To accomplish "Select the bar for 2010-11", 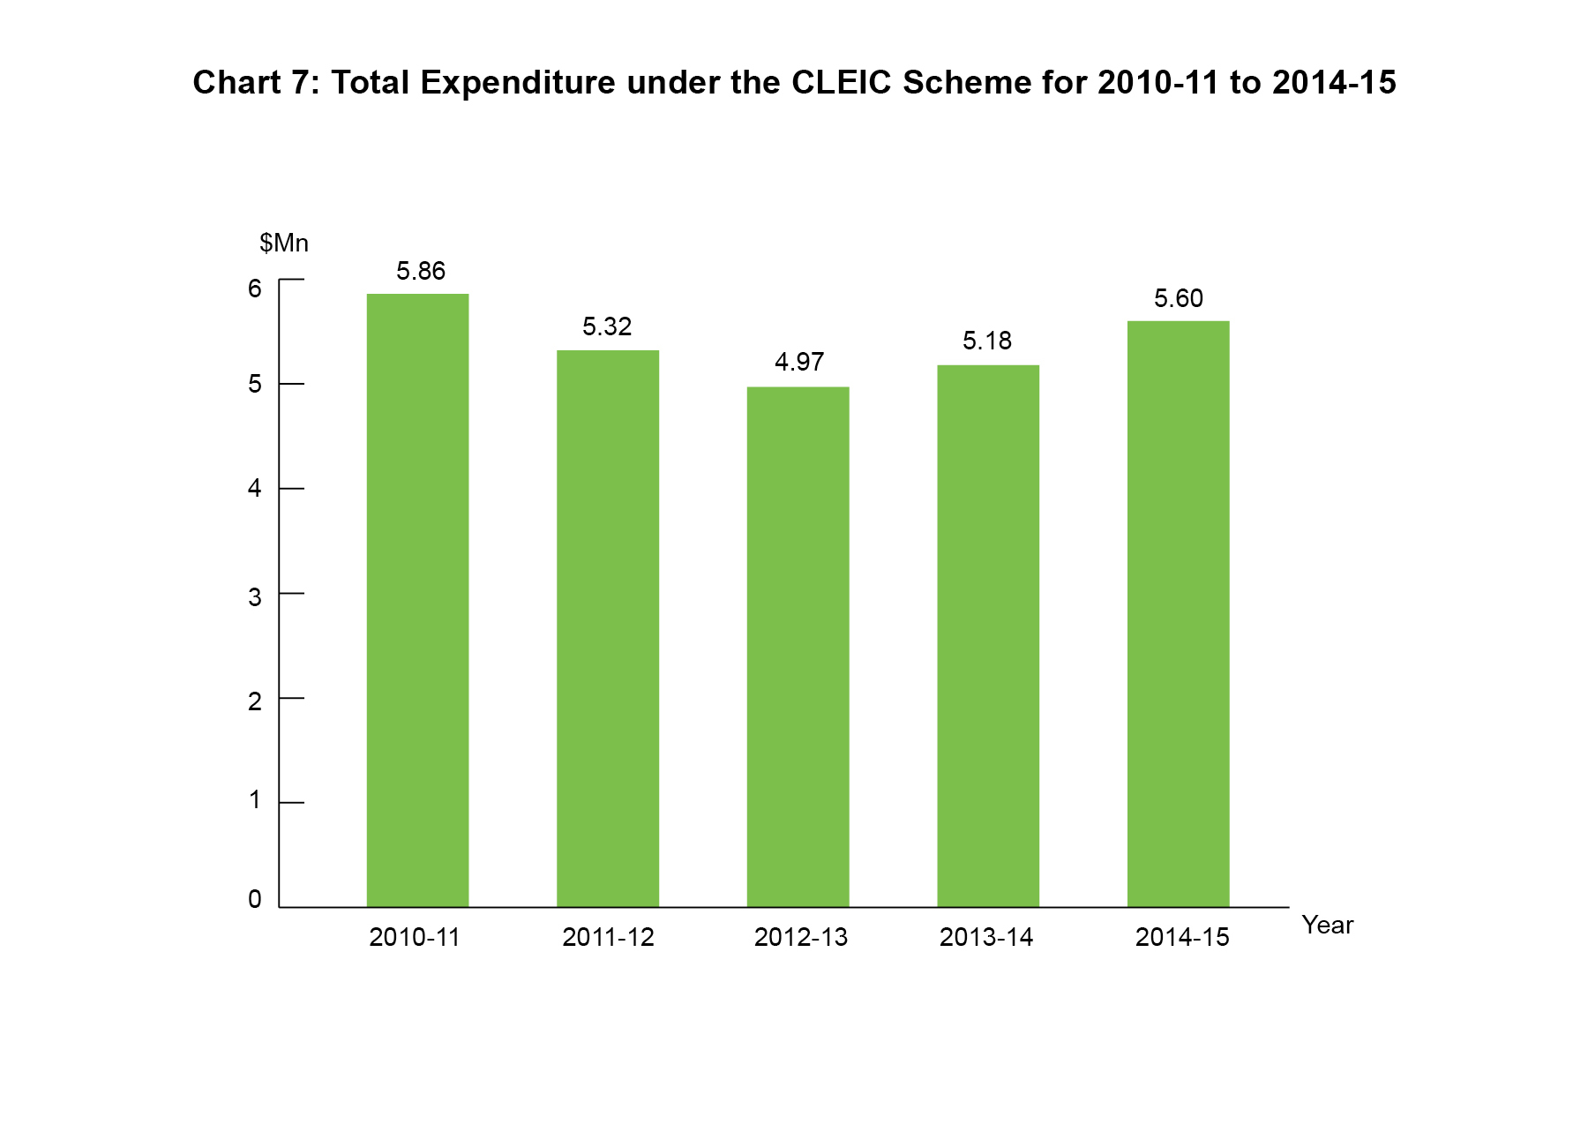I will (x=417, y=600).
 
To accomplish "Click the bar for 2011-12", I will (x=608, y=628).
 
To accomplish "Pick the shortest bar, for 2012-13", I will (x=798, y=647).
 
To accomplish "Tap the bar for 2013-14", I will (x=988, y=635).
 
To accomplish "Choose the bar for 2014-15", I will (x=1178, y=613).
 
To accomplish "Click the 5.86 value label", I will (x=421, y=271).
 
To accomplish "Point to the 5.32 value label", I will (x=607, y=327).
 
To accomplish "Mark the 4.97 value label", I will (x=799, y=363).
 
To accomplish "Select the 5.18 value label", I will (x=987, y=341).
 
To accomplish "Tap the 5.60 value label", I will (x=1179, y=299).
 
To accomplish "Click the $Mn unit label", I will (x=284, y=244).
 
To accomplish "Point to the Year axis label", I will (x=1327, y=926).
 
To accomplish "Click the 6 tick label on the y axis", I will (x=255, y=289).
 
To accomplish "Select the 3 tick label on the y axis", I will (x=255, y=597).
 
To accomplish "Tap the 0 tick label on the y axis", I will (x=255, y=899).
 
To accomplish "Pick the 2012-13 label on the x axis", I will (x=800, y=937).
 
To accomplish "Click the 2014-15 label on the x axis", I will (x=1182, y=937).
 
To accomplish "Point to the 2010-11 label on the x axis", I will (x=415, y=937).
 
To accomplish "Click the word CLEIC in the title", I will (x=842, y=83).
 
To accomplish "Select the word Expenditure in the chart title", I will (x=518, y=83).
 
